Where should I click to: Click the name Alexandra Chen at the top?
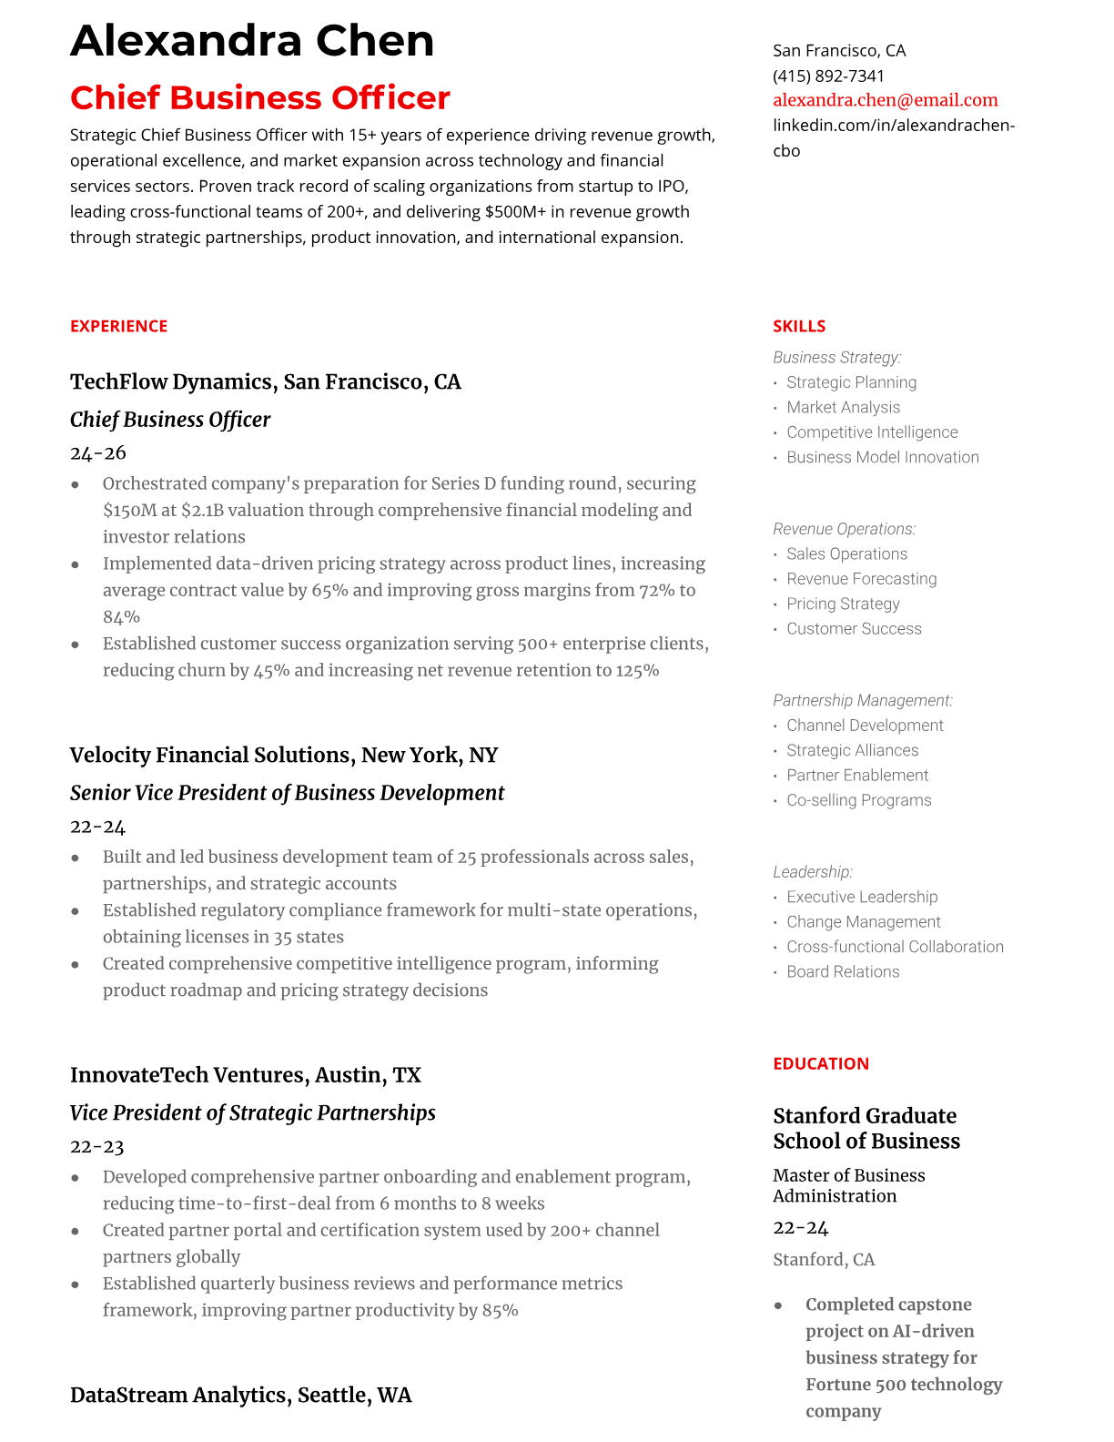[252, 41]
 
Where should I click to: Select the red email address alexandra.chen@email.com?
[885, 100]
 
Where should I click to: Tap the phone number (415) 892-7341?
[828, 76]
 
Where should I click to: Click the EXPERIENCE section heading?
[118, 326]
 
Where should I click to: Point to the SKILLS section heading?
[799, 326]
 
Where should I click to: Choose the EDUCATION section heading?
[820, 1063]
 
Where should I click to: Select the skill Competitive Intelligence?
[872, 432]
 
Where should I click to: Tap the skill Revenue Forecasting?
[861, 579]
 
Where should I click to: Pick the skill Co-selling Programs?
[858, 800]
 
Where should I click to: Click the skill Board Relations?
[843, 971]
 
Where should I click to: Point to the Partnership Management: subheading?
[862, 700]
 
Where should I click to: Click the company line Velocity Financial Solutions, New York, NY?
[283, 755]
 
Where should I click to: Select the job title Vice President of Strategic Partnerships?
[252, 1112]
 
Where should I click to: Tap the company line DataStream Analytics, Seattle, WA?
[240, 1395]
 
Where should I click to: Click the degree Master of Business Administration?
[848, 1185]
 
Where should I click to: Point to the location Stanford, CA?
[823, 1259]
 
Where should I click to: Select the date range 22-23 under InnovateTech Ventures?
[96, 1146]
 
